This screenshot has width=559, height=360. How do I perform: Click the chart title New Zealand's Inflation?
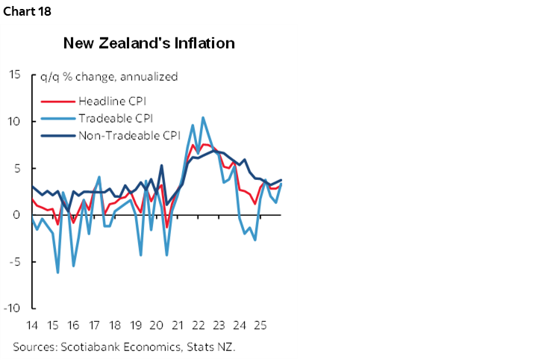point(149,43)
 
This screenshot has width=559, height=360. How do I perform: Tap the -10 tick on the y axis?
point(13,308)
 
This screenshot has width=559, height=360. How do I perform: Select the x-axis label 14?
point(32,326)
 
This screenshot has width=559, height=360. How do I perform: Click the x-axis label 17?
point(94,326)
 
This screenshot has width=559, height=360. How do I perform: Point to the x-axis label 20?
point(157,326)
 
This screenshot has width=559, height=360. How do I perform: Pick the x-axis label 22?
point(199,326)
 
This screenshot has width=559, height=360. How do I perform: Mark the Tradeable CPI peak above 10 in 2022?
point(203,117)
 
